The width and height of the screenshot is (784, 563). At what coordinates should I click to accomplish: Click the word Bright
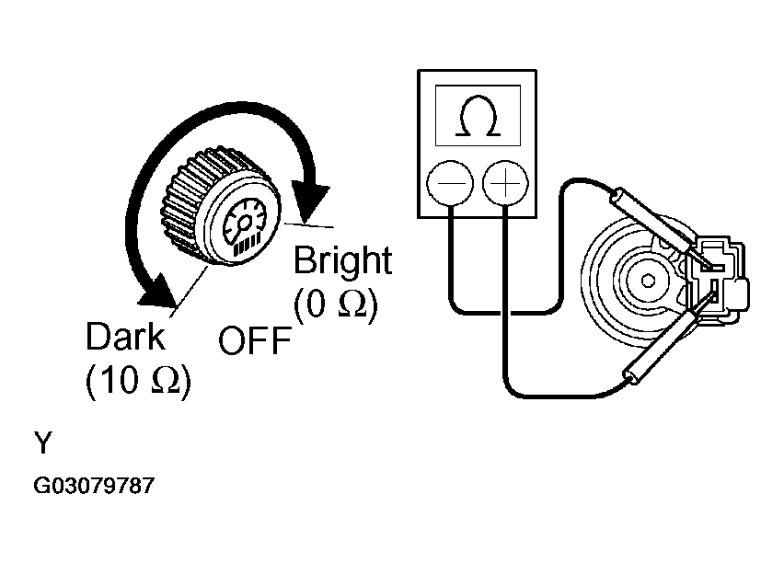pyautogui.click(x=342, y=260)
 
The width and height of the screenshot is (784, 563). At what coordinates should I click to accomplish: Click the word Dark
pyautogui.click(x=125, y=337)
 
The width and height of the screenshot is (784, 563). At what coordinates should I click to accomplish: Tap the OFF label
pyautogui.click(x=255, y=340)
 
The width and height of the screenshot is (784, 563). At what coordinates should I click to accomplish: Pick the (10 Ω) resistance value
pyautogui.click(x=138, y=381)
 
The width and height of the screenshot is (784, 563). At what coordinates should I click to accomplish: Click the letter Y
pyautogui.click(x=43, y=442)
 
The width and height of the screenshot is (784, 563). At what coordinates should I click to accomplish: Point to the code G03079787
pyautogui.click(x=94, y=486)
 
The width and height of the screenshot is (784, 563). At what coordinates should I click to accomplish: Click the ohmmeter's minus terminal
pyautogui.click(x=449, y=183)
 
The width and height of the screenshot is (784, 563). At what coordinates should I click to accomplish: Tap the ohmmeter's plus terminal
pyautogui.click(x=505, y=183)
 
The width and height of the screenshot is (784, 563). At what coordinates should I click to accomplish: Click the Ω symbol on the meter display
pyautogui.click(x=478, y=116)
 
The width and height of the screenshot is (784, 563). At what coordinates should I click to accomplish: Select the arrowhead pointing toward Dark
pyautogui.click(x=159, y=292)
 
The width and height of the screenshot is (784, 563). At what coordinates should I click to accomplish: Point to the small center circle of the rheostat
pyautogui.click(x=648, y=281)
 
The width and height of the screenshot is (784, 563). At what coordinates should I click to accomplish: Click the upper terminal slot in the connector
pyautogui.click(x=712, y=268)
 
